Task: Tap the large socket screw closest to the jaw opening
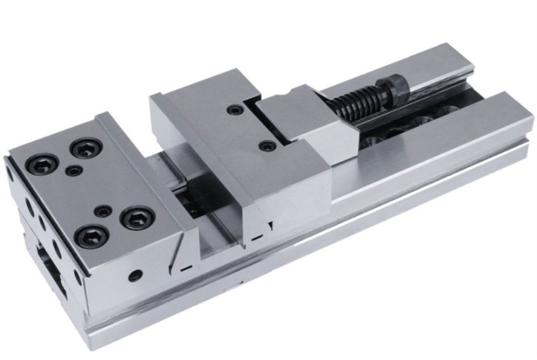(138, 217)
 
